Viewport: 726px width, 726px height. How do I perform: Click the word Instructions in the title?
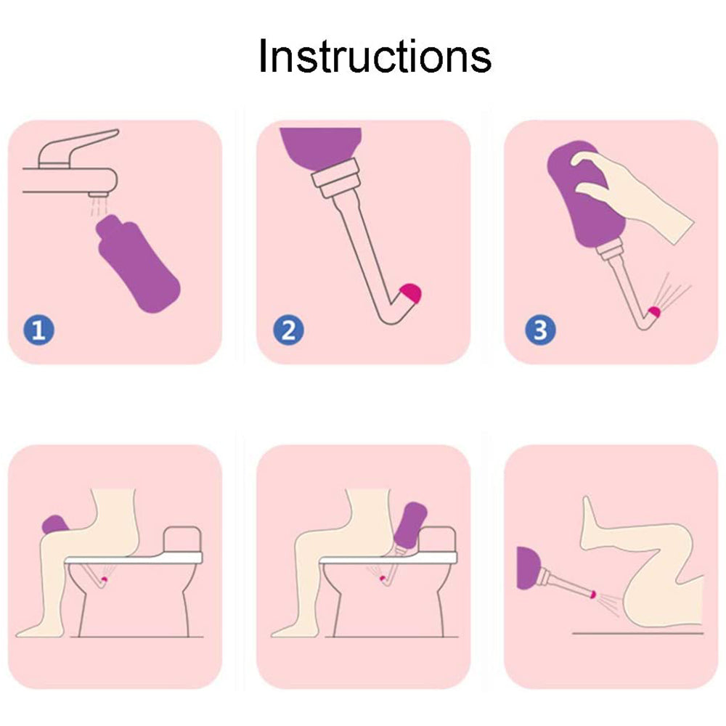point(375,57)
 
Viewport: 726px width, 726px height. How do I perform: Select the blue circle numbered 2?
point(288,330)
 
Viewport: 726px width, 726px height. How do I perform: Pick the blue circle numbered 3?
point(539,330)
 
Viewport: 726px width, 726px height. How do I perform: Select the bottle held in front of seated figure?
point(55,524)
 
